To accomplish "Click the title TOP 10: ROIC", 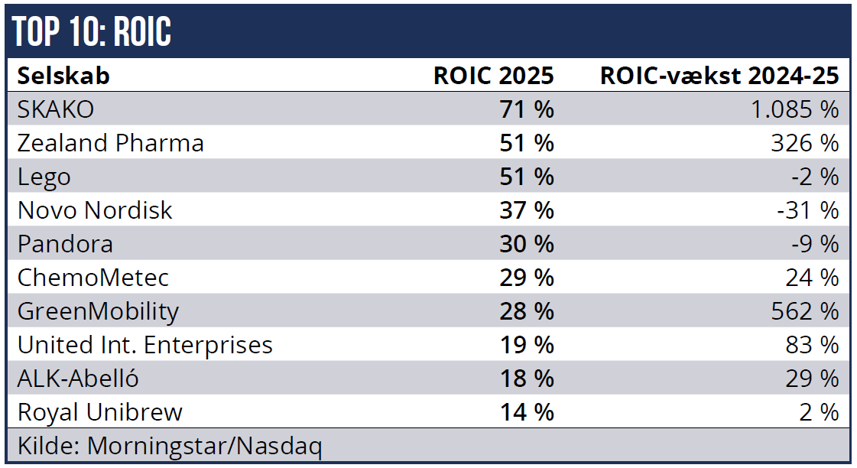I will pos(93,31).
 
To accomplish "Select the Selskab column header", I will pos(63,76).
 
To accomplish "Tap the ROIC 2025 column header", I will pos(493,76).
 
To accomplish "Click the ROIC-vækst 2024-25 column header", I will pos(719,76).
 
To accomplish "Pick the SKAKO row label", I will pos(56,109).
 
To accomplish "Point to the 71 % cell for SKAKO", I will pos(526,109).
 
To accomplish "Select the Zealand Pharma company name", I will pos(111,143).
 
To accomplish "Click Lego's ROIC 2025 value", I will pos(526,177).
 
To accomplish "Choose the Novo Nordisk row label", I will pos(95,210).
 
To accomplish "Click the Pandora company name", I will pos(65,244).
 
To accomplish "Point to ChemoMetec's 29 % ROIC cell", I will pos(526,278).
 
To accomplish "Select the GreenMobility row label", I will pos(98,311).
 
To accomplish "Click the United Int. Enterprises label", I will pos(145,345).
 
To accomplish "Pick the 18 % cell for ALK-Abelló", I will pos(526,379).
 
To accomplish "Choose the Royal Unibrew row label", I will pos(100,412).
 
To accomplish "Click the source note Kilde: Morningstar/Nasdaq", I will pos(170,446).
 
